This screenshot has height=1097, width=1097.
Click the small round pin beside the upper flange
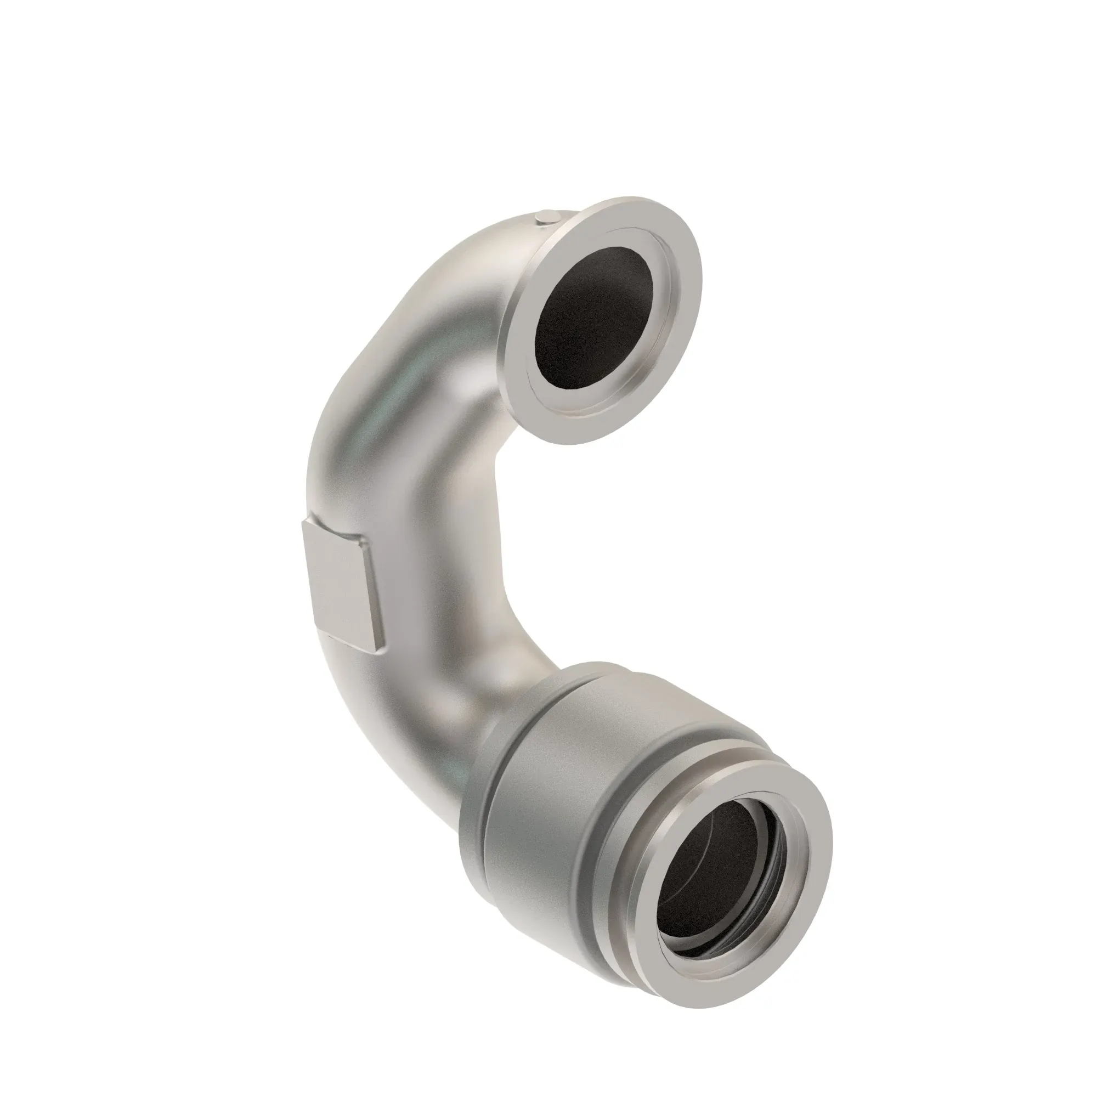(546, 216)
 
